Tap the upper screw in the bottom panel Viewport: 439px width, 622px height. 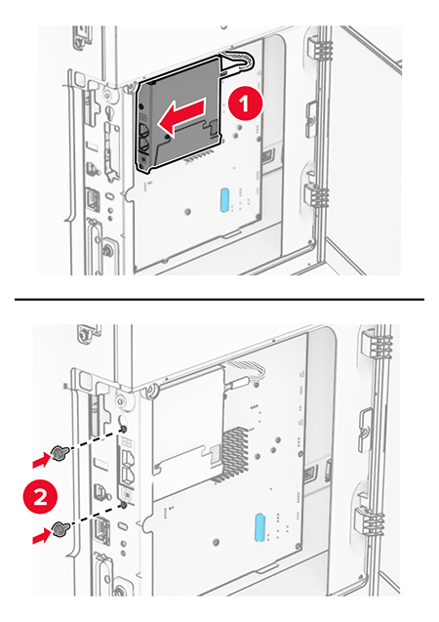pos(61,452)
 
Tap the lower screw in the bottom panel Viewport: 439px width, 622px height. pos(61,529)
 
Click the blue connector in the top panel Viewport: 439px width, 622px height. pos(225,201)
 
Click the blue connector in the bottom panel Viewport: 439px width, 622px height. pos(258,524)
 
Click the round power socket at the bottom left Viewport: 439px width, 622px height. pos(119,592)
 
